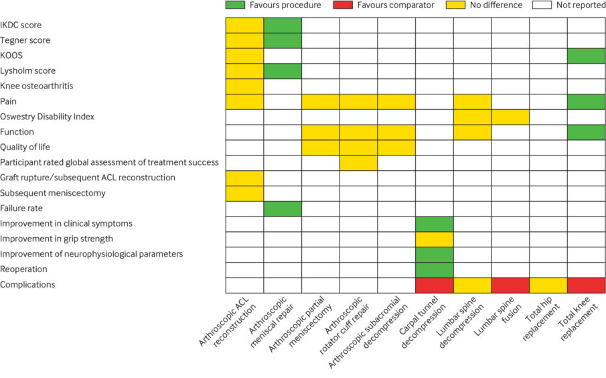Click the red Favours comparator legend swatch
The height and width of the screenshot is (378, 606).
[x=343, y=5]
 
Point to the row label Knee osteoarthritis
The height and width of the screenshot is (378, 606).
[x=37, y=86]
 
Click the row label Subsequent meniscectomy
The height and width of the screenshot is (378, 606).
[x=54, y=193]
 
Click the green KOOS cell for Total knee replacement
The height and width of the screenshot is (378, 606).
[x=587, y=56]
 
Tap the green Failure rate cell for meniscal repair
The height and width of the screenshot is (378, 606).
[x=283, y=208]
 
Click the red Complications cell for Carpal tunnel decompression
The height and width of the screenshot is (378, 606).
[x=435, y=285]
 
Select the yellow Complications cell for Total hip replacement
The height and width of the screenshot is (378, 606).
[x=548, y=285]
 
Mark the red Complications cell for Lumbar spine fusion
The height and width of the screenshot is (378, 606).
[x=510, y=285]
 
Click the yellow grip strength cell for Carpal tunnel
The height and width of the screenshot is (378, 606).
[x=435, y=239]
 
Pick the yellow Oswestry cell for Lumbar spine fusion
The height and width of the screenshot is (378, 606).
[x=510, y=117]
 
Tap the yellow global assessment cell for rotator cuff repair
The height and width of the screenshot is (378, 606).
[x=358, y=163]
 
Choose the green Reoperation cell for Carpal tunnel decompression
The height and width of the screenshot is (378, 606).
[x=435, y=269]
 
